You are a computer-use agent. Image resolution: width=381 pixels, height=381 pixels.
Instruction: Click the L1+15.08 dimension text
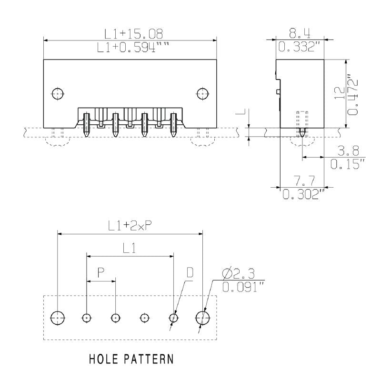point(134,33)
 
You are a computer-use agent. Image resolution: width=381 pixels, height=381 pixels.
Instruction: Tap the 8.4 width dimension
point(300,33)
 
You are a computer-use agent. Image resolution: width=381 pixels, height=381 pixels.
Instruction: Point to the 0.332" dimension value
point(301,47)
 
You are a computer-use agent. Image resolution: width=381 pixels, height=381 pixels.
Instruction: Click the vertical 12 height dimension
point(339,93)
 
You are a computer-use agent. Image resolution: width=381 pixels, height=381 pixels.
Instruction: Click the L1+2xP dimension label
point(130,226)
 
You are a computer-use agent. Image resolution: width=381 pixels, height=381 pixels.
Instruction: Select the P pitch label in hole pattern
point(101,273)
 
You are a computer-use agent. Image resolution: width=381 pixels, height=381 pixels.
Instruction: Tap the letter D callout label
point(190,273)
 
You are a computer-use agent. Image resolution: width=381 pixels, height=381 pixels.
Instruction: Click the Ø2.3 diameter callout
point(239,273)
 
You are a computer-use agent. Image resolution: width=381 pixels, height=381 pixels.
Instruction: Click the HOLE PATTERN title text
point(131,359)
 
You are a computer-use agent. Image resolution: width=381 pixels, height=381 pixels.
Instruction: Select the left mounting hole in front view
point(58,93)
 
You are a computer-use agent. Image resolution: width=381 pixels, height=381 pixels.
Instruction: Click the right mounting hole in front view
point(202,93)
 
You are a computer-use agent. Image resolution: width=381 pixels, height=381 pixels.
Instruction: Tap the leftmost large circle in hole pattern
point(58,317)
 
